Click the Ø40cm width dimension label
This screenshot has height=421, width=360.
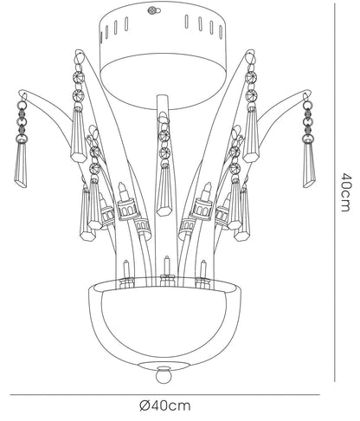click(165, 405)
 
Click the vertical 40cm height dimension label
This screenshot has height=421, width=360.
click(346, 192)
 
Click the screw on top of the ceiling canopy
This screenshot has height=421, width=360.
click(151, 11)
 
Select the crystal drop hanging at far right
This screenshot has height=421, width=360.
click(309, 164)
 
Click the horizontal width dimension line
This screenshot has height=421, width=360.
click(164, 394)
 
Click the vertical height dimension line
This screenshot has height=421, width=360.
click(335, 192)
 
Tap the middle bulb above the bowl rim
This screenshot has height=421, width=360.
click(166, 267)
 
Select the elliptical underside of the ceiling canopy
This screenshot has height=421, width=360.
click(164, 83)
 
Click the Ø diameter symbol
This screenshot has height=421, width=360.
click(145, 405)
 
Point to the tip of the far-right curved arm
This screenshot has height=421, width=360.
click(307, 93)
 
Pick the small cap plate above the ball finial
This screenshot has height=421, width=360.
click(164, 364)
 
